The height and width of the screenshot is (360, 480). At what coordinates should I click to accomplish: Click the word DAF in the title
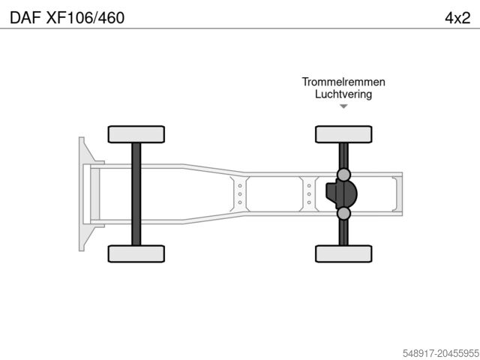tap(25, 18)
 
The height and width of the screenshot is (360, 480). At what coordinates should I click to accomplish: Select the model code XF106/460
tap(85, 18)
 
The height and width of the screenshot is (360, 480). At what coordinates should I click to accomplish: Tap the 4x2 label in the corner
tap(457, 18)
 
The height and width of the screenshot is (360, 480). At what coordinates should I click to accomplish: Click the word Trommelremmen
tap(343, 82)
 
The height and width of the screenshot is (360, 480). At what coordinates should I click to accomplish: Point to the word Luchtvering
tap(343, 94)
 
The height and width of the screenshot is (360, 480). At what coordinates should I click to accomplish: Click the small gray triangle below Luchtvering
tap(343, 106)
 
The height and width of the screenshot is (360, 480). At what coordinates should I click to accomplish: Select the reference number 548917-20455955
tap(441, 353)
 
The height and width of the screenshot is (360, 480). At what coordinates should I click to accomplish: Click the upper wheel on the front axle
tap(136, 134)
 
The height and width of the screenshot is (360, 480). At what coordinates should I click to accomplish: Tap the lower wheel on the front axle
tap(136, 253)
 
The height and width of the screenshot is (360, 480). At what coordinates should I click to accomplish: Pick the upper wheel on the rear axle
tap(343, 134)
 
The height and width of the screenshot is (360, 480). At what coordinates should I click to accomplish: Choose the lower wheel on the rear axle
tap(343, 253)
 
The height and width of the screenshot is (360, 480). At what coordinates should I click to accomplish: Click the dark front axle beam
tap(136, 194)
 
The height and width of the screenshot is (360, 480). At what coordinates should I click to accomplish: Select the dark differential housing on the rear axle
tap(341, 194)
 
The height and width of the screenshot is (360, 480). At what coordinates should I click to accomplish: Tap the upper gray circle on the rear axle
tap(343, 175)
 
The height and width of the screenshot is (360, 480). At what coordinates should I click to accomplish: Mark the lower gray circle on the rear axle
tap(343, 213)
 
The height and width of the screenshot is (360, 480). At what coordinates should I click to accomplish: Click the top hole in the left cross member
tap(240, 186)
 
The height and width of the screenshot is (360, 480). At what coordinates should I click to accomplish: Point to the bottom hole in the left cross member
tap(240, 202)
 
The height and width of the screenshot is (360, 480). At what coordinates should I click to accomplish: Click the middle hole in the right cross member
tap(309, 194)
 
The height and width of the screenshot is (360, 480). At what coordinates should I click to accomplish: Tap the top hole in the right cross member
tap(309, 186)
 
